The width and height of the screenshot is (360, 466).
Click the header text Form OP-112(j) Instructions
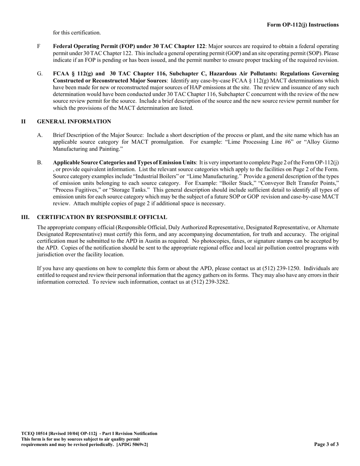click(303, 25)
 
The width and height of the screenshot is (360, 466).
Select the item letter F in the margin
click(39, 46)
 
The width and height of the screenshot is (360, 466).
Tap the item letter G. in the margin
click(40, 73)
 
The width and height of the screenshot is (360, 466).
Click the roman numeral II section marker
click(23, 122)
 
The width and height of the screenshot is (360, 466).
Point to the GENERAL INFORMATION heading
click(74, 122)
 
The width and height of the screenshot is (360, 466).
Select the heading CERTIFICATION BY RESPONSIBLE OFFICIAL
click(102, 217)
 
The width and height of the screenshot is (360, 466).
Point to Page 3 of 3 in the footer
click(326, 444)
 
